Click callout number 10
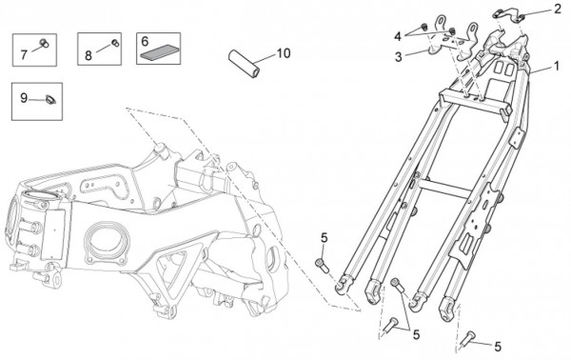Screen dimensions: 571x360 click(x=284, y=53)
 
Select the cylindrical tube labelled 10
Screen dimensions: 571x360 click(x=244, y=64)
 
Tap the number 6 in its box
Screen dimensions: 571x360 click(x=145, y=42)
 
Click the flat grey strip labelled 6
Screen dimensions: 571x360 click(x=159, y=52)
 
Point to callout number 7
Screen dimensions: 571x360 click(x=24, y=54)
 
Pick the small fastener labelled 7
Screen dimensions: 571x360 click(x=45, y=43)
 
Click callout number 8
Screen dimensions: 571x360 click(x=89, y=55)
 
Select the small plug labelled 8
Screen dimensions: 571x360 click(x=115, y=43)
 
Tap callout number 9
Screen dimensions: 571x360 click(x=24, y=98)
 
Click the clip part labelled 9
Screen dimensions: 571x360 click(x=50, y=100)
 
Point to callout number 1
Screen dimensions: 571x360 click(x=556, y=66)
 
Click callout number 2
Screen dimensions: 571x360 click(x=558, y=10)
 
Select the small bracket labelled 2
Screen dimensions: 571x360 click(x=507, y=14)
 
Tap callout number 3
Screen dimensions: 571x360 click(x=399, y=57)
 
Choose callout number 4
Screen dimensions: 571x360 click(x=398, y=36)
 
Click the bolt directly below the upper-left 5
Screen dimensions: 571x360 click(x=322, y=265)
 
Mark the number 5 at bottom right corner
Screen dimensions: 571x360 click(x=498, y=347)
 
